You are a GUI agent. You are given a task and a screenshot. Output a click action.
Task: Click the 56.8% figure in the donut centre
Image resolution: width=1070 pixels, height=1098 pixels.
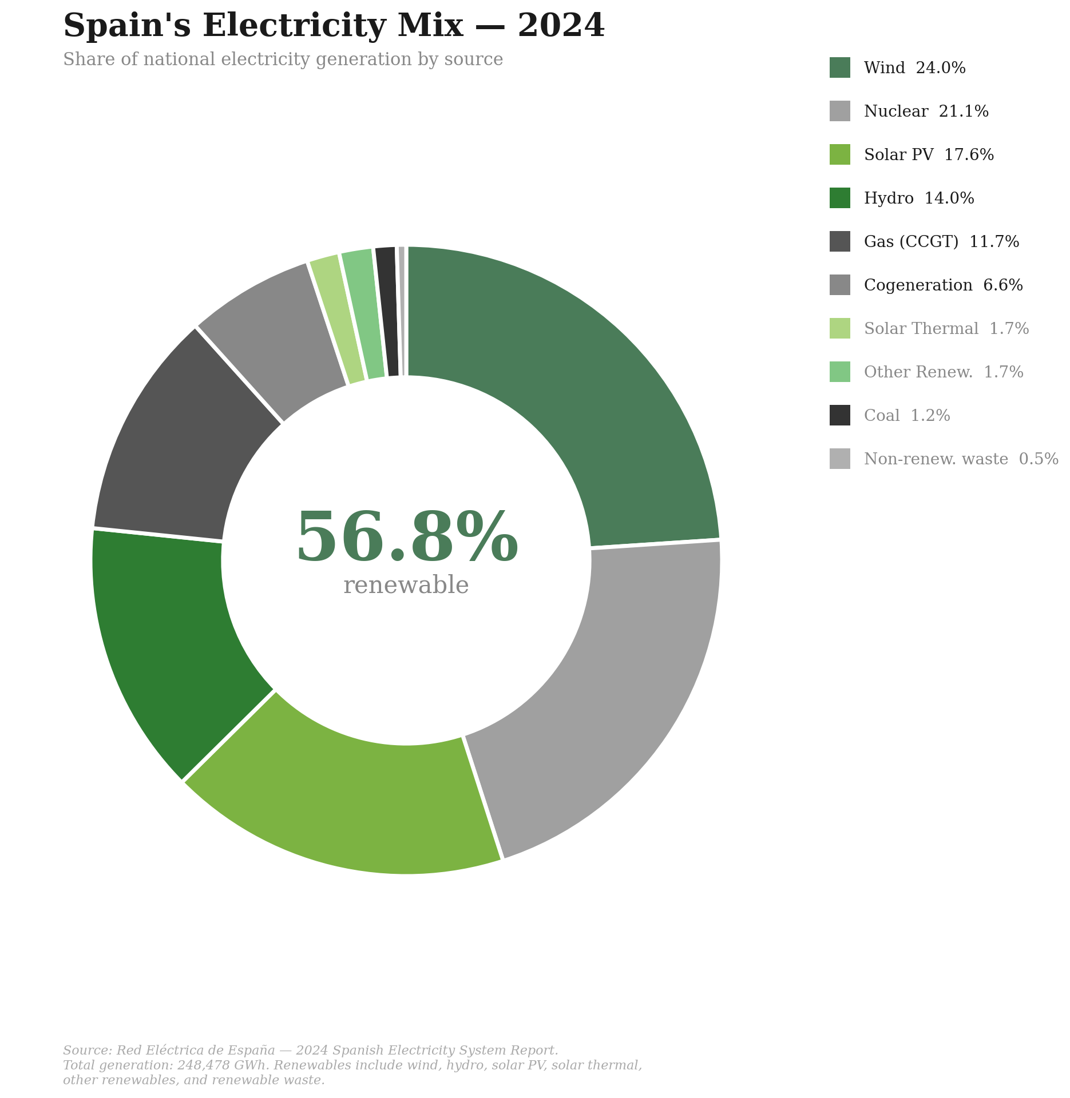pyautogui.click(x=407, y=538)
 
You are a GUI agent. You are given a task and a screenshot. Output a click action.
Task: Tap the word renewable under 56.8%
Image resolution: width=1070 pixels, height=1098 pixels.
pyautogui.click(x=406, y=586)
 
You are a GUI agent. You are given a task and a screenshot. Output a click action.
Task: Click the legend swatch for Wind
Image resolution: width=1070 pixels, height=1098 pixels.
pyautogui.click(x=839, y=67)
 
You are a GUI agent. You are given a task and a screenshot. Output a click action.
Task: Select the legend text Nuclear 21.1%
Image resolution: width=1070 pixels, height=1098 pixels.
pyautogui.click(x=926, y=111)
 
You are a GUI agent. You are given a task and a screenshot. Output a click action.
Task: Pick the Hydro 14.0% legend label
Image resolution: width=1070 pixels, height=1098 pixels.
pyautogui.click(x=918, y=198)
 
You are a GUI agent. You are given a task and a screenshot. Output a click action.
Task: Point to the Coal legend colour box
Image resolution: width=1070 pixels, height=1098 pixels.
pyautogui.click(x=839, y=415)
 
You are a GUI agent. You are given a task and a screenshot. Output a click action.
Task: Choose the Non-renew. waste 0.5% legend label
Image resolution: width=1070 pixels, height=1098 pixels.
pyautogui.click(x=961, y=459)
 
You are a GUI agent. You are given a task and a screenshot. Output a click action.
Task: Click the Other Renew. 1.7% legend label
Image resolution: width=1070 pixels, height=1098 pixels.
pyautogui.click(x=943, y=372)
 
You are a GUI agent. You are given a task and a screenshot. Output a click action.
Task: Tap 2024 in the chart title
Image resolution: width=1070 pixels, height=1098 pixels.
pyautogui.click(x=561, y=26)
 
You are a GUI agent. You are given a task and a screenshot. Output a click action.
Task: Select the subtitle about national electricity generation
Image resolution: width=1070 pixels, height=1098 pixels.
pyautogui.click(x=283, y=59)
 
